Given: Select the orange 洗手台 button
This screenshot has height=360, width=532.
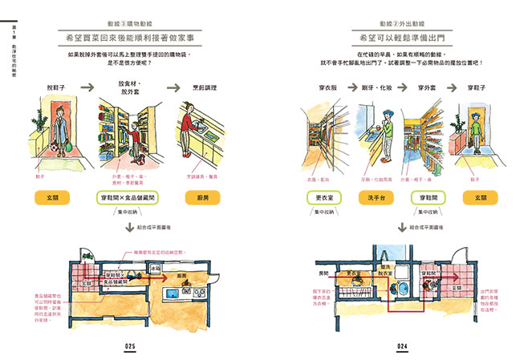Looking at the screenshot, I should click(378, 196).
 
